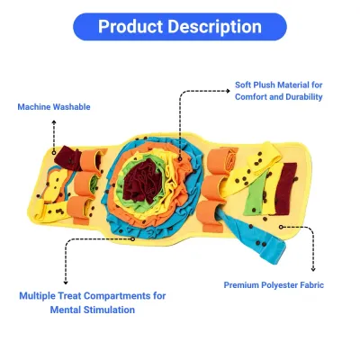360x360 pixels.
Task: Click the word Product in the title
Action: click(130, 26)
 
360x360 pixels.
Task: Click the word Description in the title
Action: click(214, 27)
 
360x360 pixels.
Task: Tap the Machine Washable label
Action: click(54, 107)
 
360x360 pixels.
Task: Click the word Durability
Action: click(304, 97)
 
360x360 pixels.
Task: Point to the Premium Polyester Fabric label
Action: click(274, 285)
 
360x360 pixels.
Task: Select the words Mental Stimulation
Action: click(93, 310)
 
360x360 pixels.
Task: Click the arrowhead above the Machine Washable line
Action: click(54, 121)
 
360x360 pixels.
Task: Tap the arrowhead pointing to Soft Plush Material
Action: click(228, 91)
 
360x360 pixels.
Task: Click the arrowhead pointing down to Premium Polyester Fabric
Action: click(313, 270)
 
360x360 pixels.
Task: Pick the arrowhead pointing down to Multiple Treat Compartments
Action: click(66, 283)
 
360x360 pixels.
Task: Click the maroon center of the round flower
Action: click(143, 181)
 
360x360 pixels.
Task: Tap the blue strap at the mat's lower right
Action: click(251, 237)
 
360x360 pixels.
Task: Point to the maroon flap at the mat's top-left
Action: click(67, 158)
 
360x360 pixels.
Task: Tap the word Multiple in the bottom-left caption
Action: click(37, 296)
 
